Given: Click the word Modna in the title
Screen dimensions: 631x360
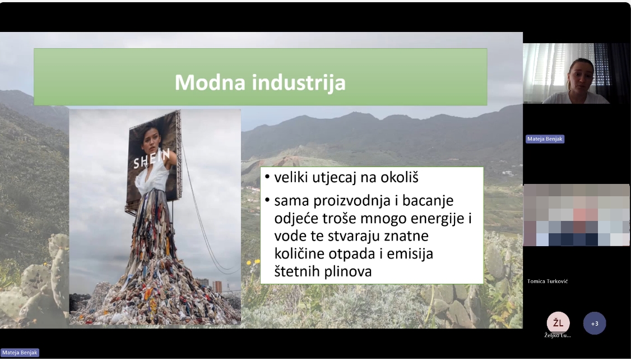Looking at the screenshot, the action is [210, 82].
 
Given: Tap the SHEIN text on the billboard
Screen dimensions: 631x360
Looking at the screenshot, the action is [152, 159].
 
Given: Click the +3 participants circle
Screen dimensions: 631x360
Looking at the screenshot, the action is [595, 324].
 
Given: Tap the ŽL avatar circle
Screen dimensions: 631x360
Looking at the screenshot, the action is [558, 322].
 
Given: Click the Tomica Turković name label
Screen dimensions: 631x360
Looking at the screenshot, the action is [548, 281].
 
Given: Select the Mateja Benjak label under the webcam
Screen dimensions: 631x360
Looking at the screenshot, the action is [545, 139].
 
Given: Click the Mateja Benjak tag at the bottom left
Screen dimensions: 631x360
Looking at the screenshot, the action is [20, 353].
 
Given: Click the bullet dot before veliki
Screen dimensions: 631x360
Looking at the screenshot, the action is [268, 176].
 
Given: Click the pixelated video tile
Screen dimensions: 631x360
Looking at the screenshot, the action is [577, 215].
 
